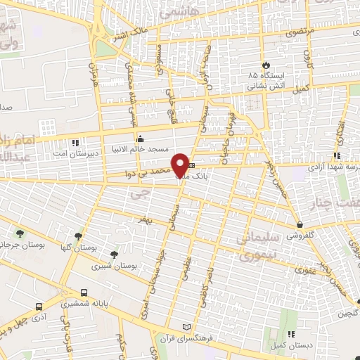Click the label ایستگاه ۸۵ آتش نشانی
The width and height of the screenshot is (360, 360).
coord(264,79)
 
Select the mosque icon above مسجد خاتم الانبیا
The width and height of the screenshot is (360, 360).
coord(141,138)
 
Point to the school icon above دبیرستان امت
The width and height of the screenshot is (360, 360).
coord(75,141)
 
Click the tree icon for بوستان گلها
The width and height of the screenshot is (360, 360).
coord(77,236)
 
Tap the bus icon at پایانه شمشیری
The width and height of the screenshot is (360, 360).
coord(84,292)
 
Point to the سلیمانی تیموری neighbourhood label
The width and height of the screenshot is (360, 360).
coord(265,246)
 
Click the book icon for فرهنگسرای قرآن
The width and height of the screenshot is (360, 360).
coord(186,327)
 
